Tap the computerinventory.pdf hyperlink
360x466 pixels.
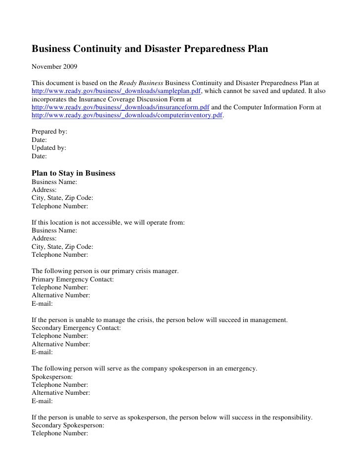(127, 115)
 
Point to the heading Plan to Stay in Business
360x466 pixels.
(73, 174)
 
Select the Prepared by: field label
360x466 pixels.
(49, 132)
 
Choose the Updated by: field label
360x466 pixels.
(49, 148)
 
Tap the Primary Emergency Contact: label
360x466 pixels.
(72, 280)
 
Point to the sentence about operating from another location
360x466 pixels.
(108, 223)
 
